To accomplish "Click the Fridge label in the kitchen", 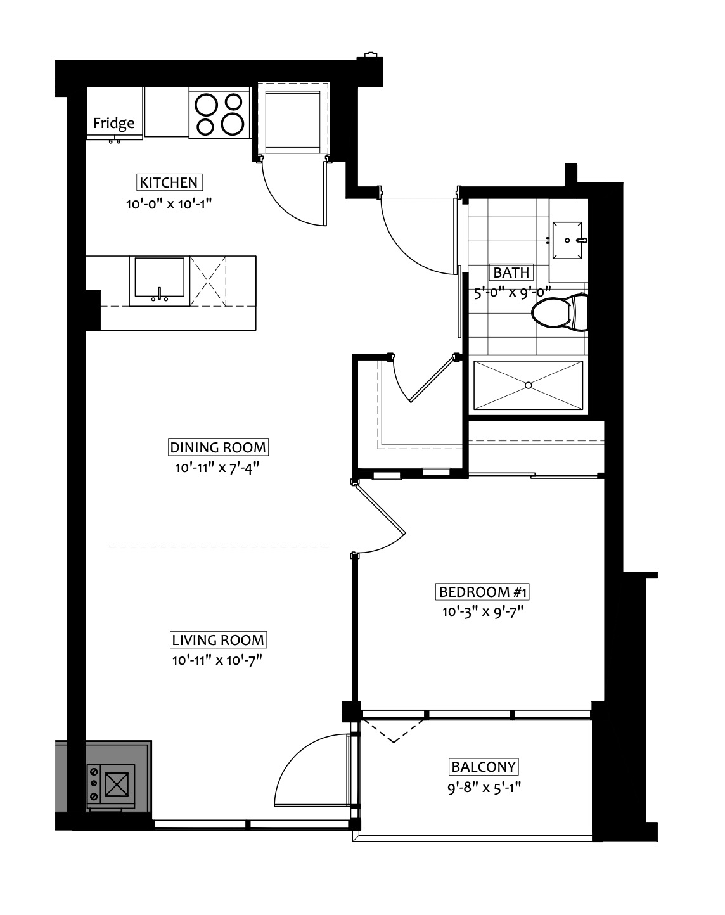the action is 113,123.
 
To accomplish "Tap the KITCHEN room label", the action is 169,182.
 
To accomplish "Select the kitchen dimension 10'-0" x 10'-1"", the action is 169,204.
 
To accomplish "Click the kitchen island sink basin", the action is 160,276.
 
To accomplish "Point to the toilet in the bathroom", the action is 559,312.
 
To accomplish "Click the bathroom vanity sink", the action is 567,240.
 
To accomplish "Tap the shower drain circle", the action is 528,385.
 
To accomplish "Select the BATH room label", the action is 511,272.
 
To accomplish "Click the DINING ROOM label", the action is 218,447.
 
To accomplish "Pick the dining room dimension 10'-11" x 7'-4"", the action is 217,468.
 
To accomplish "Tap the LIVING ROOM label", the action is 218,640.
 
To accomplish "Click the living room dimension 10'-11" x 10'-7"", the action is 217,660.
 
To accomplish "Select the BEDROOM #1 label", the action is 483,592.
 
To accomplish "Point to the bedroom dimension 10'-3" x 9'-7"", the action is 483,612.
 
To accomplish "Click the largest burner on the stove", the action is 232,124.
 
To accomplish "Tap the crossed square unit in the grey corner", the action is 117,784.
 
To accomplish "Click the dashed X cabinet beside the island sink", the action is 208,281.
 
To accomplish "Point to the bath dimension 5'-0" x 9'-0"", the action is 513,292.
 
